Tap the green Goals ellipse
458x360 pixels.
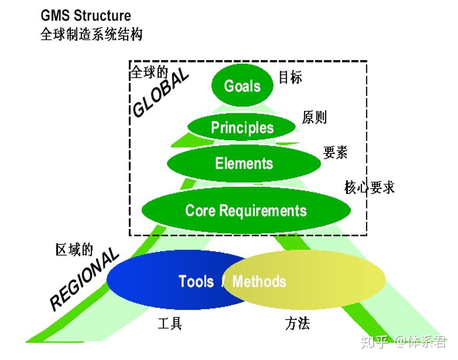coord(243,86)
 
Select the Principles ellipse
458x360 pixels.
coord(242,128)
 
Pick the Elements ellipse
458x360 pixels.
coord(244,163)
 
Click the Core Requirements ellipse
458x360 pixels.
coord(246,210)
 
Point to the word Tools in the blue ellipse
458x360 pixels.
coord(196,281)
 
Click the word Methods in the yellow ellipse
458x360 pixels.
coord(259,281)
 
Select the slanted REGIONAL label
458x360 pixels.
coord(84,279)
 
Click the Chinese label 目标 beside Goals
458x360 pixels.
coord(290,77)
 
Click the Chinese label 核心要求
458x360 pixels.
coord(369,187)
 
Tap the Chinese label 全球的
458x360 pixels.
coord(148,72)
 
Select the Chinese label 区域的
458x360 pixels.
coord(74,249)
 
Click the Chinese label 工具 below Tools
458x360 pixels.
coord(170,323)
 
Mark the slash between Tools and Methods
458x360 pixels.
coord(223,281)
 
